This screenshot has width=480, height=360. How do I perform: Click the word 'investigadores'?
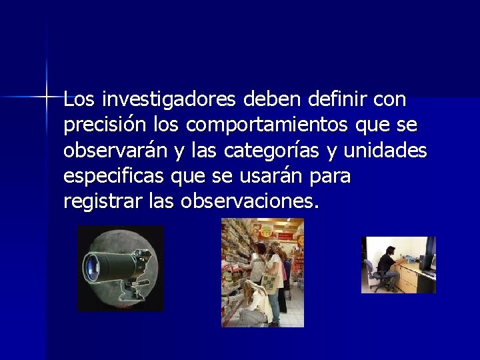click(169, 101)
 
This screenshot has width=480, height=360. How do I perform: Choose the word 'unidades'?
click(385, 151)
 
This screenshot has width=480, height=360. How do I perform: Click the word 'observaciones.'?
click(249, 201)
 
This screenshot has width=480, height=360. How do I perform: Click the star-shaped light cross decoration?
click(47, 97)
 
